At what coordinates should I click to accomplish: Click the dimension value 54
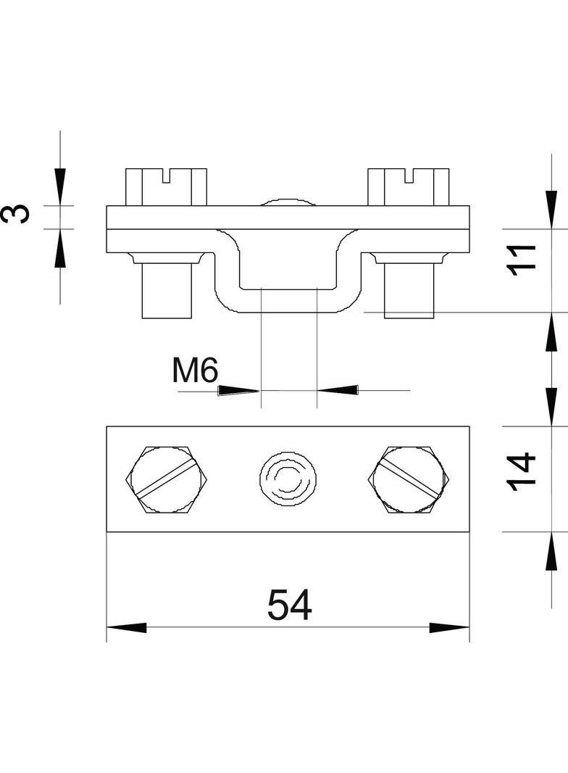[289, 604]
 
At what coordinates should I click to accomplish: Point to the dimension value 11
[522, 260]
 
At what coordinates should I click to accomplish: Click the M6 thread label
[195, 371]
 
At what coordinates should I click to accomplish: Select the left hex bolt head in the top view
[167, 480]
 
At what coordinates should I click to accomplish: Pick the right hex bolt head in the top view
[410, 480]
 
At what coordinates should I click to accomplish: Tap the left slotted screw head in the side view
[166, 187]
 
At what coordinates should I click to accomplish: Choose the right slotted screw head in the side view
[409, 187]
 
